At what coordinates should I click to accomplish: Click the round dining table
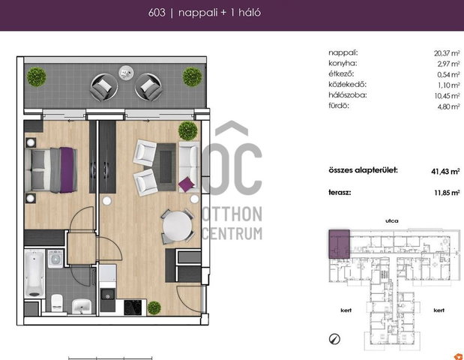tap(177, 226)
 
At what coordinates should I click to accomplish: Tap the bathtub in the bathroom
tap(34, 274)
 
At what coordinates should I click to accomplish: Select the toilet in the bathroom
tap(57, 302)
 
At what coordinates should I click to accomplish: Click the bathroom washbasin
tap(82, 306)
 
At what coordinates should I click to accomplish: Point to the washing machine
tap(55, 259)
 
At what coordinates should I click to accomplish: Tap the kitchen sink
tap(107, 295)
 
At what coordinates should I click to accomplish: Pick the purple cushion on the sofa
tap(187, 184)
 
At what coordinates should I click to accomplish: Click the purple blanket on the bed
tap(67, 170)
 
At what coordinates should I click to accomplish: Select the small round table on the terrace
tap(126, 73)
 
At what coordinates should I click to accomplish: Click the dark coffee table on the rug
tap(166, 166)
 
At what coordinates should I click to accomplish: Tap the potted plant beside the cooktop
tap(154, 308)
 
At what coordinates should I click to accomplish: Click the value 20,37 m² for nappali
tap(447, 53)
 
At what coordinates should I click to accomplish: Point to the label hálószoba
tap(347, 95)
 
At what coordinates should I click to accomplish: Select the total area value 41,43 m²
tap(445, 171)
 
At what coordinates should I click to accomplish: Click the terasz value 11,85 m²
tap(447, 193)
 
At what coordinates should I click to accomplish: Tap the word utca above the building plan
tap(392, 220)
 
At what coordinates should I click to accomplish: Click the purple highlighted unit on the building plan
tap(339, 244)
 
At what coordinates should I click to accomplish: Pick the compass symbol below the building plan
tap(334, 339)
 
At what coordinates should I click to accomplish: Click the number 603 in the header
tap(157, 13)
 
